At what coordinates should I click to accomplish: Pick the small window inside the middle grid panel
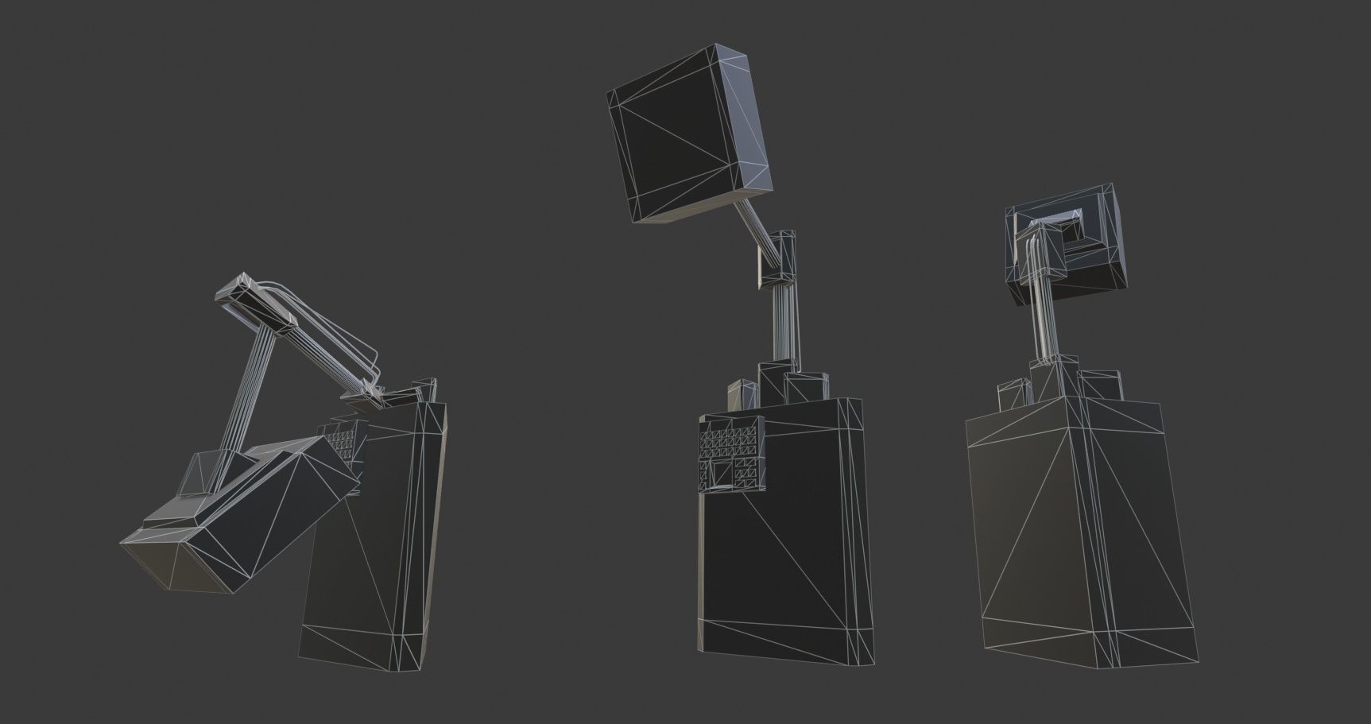click(x=726, y=474)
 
